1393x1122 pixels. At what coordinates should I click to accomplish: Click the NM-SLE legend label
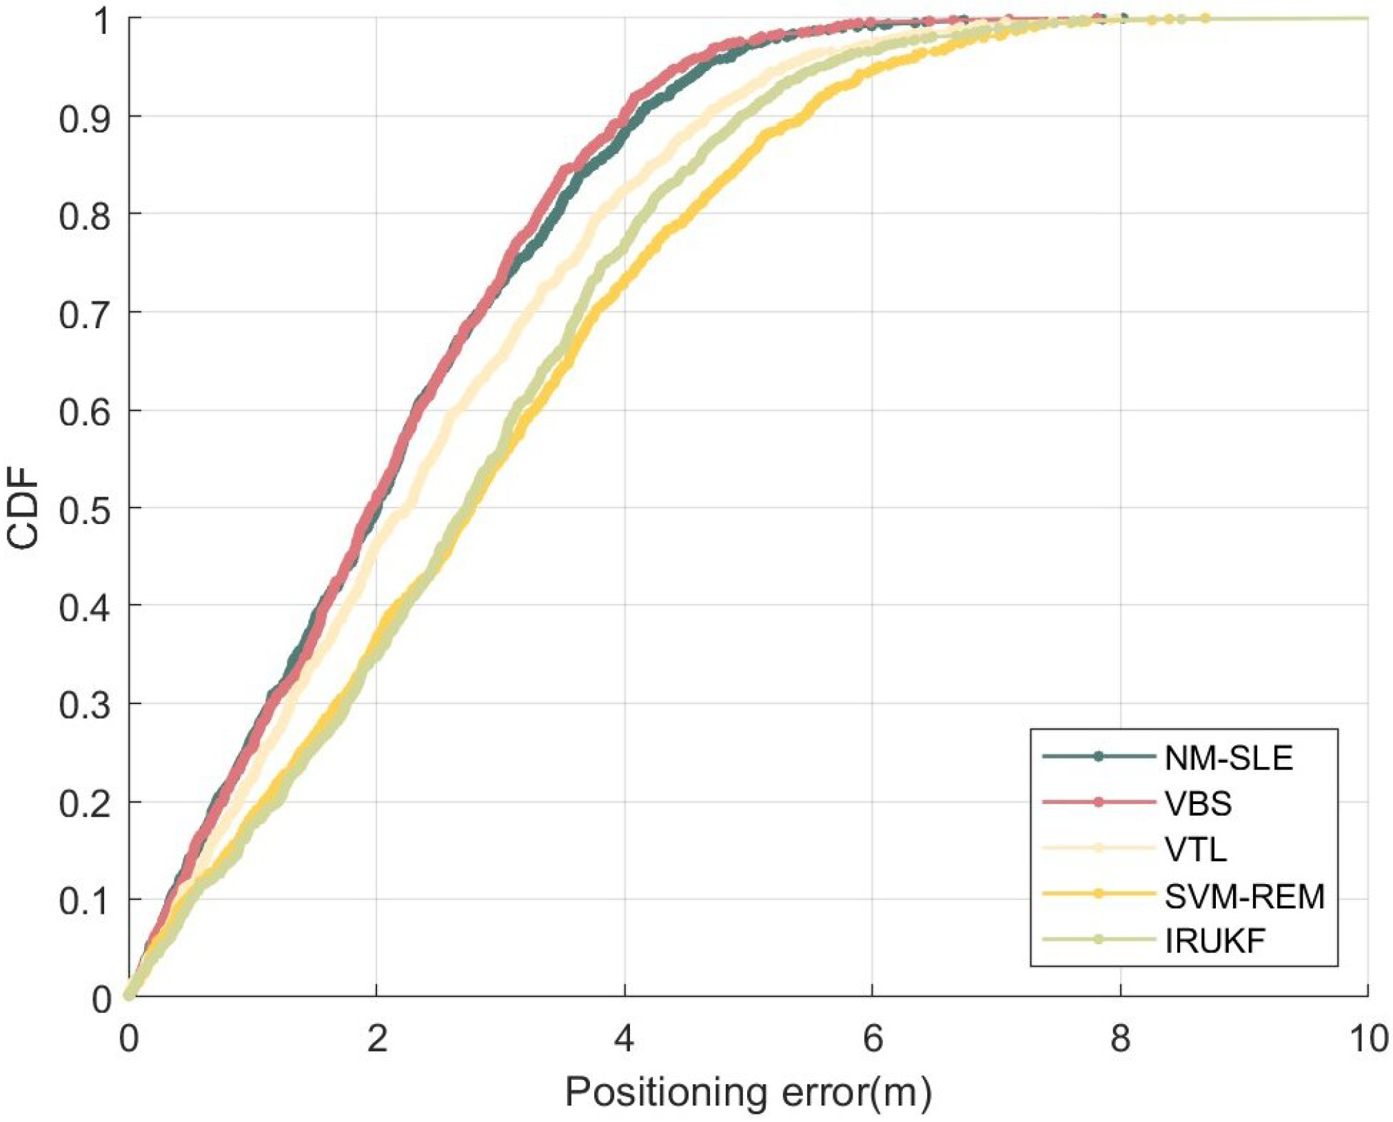coord(1228,759)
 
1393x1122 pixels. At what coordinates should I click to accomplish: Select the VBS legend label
coord(1198,804)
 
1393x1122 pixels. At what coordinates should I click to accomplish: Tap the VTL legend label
coord(1196,850)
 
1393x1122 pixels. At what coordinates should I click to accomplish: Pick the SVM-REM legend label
coord(1245,896)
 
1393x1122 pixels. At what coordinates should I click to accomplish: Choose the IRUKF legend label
coord(1215,941)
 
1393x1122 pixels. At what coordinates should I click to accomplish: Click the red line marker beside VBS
coord(1099,802)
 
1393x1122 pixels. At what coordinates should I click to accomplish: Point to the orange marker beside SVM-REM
coord(1099,894)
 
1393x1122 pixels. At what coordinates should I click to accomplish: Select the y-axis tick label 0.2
coord(85,803)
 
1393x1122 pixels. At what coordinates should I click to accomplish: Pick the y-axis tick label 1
coord(102,21)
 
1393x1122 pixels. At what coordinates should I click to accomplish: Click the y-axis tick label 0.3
coord(85,705)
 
